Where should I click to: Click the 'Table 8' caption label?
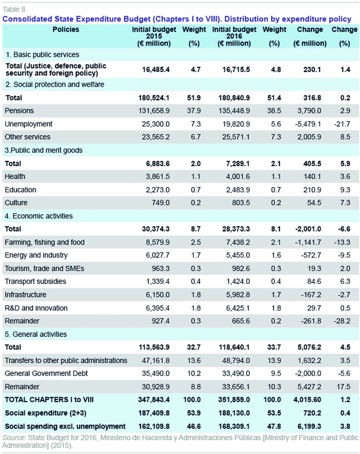[14, 9]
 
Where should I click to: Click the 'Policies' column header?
[66, 29]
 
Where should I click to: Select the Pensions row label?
[19, 111]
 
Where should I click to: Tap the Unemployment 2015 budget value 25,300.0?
[156, 124]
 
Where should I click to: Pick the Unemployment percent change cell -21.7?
[342, 124]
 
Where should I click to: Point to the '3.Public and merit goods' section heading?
[43, 150]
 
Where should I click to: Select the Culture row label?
[16, 203]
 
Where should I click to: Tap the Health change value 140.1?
[312, 176]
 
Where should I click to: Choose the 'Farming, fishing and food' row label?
[45, 242]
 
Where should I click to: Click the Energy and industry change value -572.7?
[311, 255]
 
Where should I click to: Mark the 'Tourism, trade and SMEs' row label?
[44, 268]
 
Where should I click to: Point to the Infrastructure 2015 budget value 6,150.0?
[158, 294]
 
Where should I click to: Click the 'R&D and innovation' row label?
[36, 308]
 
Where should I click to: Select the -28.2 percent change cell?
[342, 321]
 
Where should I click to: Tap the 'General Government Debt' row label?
[46, 373]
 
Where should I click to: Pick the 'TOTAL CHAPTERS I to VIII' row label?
[49, 399]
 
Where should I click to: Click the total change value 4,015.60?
[307, 399]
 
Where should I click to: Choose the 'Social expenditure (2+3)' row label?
[46, 413]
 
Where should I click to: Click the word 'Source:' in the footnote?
[14, 437]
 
